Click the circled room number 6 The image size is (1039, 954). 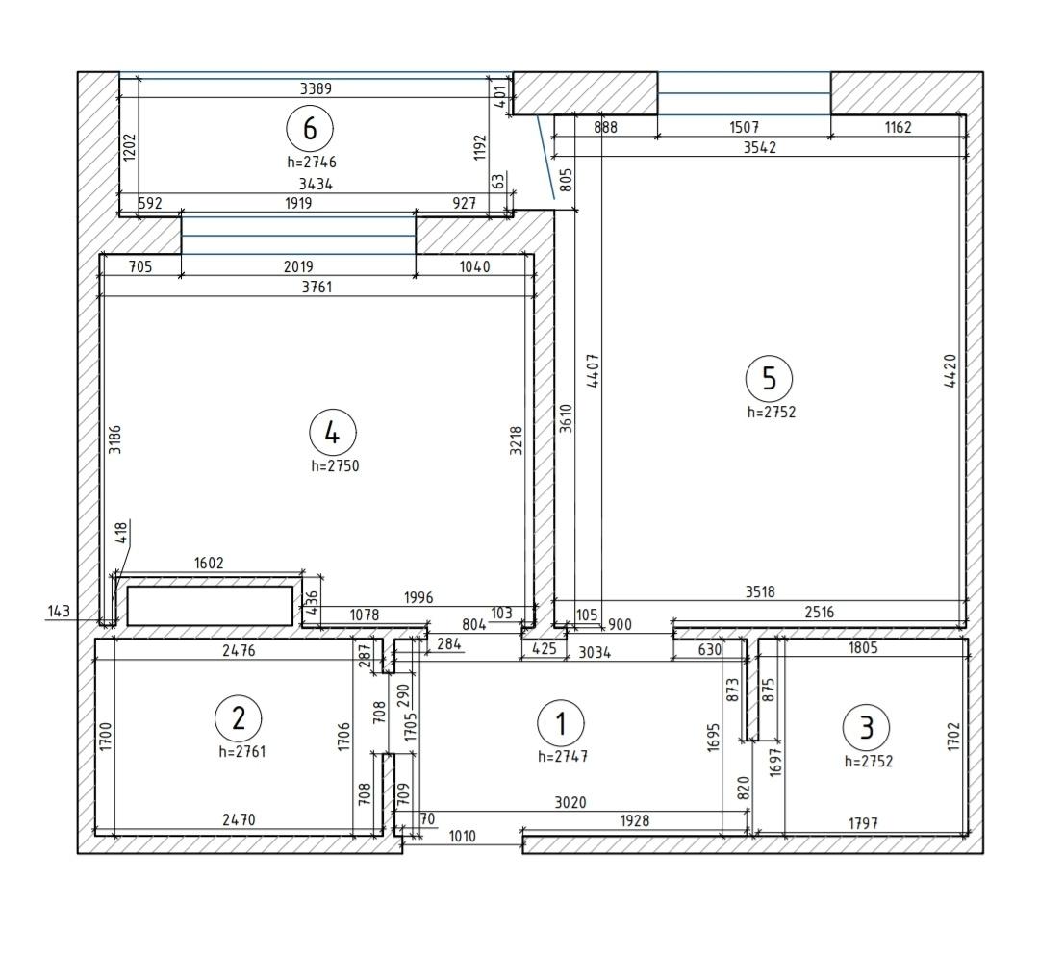310,129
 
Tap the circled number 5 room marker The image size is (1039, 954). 769,378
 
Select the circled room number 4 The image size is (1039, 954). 333,434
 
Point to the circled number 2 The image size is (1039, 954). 239,718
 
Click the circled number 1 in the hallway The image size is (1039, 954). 561,723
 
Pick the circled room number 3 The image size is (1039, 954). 866,727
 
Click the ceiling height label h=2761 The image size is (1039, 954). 242,752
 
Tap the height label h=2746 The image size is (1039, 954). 312,162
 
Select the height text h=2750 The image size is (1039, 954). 336,466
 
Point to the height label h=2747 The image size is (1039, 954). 563,757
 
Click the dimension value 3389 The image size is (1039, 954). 316,88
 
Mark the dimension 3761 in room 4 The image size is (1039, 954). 317,287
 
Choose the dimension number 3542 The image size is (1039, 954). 759,148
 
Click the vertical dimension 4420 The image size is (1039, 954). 950,371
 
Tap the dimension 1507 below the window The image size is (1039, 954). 744,127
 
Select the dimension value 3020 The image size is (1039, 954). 570,803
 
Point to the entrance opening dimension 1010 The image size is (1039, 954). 462,837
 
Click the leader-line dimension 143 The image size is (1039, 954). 59,611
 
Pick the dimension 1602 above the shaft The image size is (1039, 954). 209,564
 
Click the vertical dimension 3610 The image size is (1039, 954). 566,418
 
